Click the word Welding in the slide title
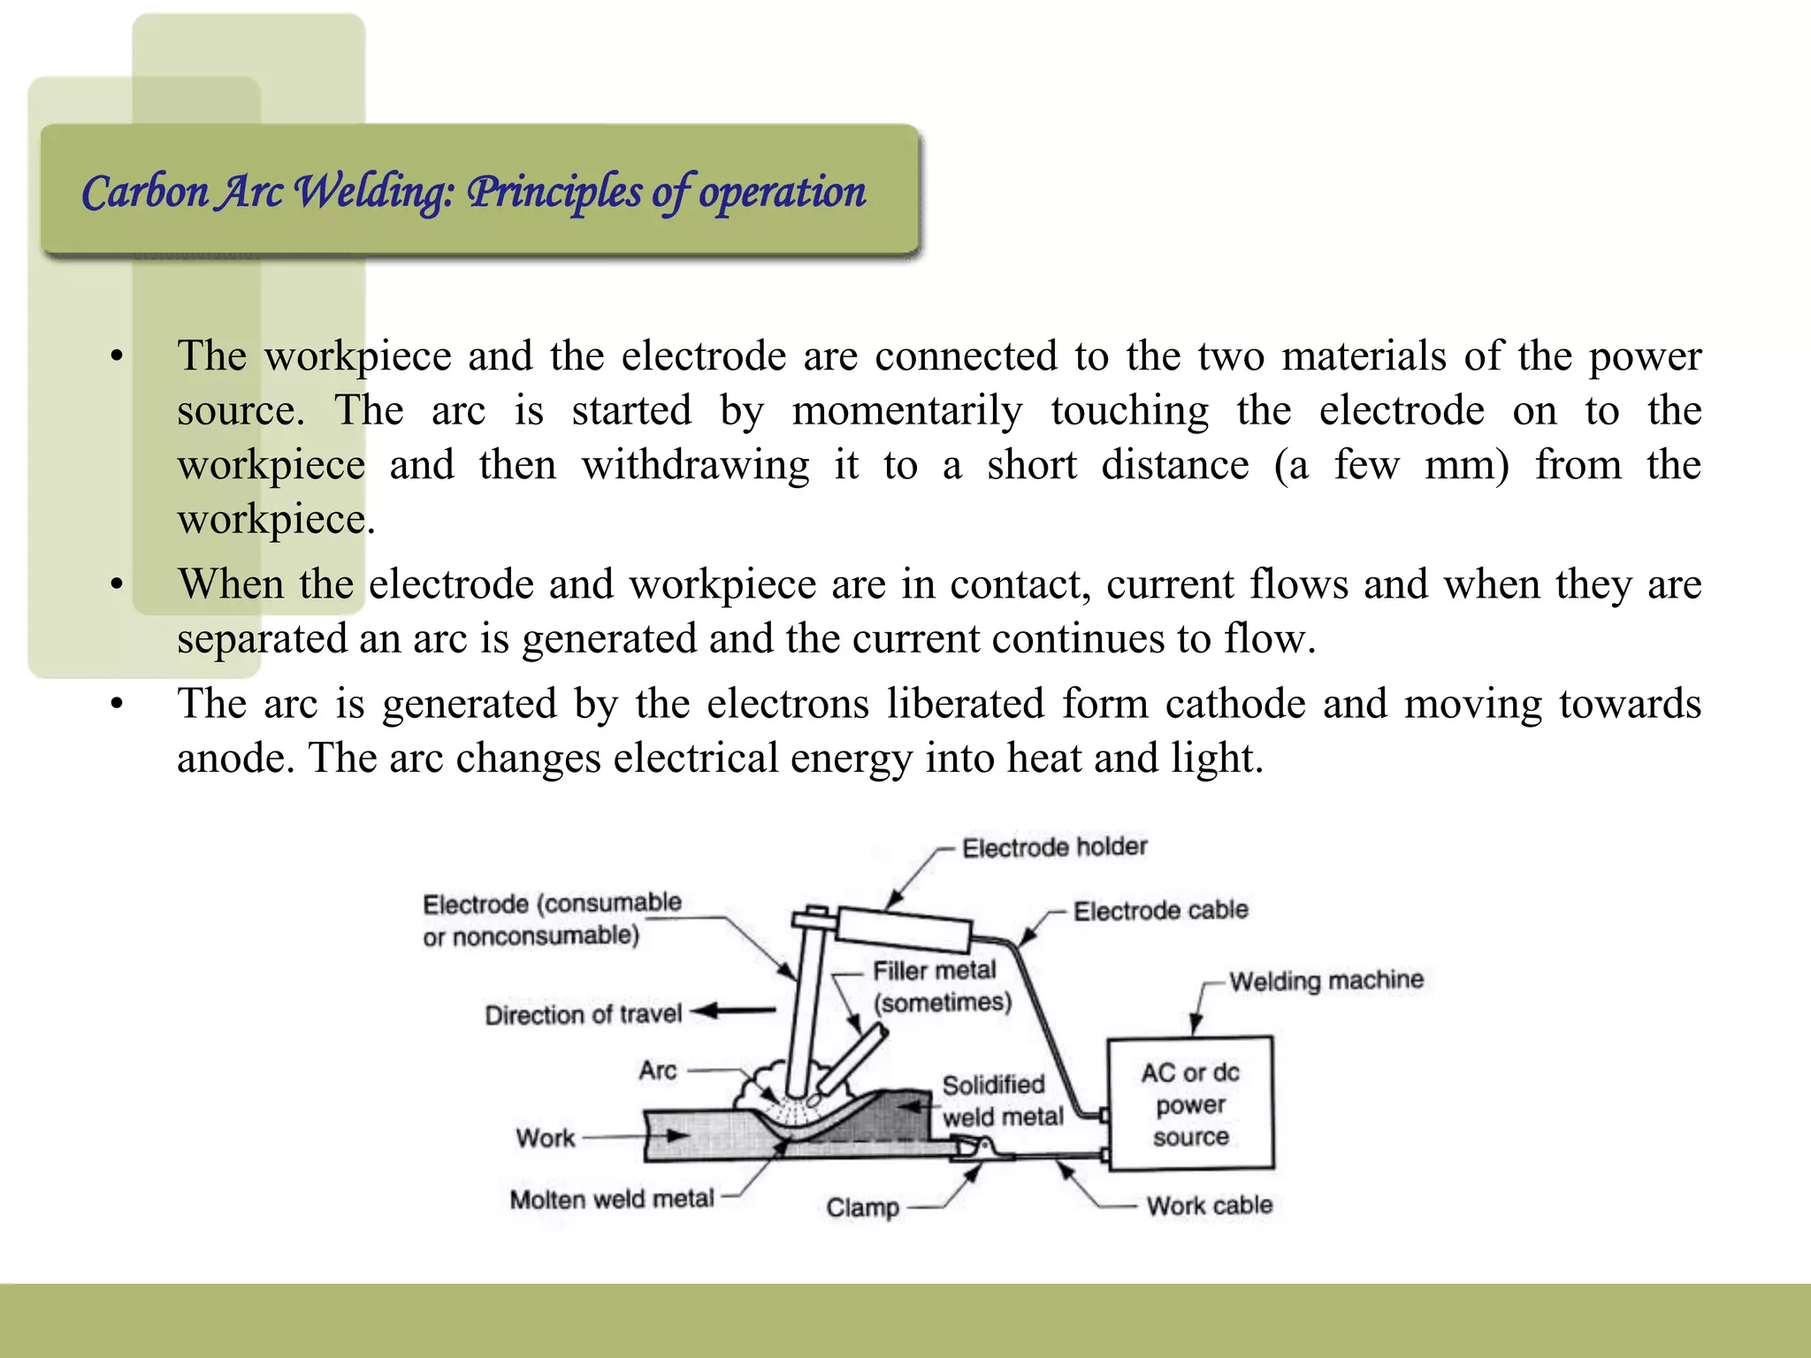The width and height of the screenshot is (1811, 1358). [x=372, y=192]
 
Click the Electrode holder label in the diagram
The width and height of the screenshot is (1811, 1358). [x=1054, y=847]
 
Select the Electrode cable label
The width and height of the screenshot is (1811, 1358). [x=1160, y=910]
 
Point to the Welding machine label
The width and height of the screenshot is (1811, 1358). [x=1326, y=980]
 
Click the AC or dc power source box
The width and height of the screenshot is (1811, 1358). [x=1190, y=1103]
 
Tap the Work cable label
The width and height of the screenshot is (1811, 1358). [x=1209, y=1205]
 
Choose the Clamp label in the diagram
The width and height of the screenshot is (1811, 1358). [x=862, y=1207]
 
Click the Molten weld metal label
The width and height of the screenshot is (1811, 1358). [x=611, y=1199]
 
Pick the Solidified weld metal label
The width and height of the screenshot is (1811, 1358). [x=1001, y=1101]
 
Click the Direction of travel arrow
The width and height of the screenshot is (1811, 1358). [x=733, y=1011]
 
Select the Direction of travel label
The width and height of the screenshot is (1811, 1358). [x=583, y=1014]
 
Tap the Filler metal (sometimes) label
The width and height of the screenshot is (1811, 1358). [x=941, y=986]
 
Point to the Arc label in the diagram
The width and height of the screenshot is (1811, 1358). [x=658, y=1071]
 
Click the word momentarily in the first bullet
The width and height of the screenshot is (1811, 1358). [x=906, y=410]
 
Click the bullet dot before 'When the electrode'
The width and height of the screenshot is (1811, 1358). [x=116, y=584]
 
